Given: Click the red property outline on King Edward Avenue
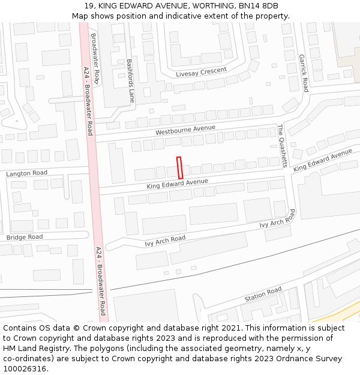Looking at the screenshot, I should tap(179, 167).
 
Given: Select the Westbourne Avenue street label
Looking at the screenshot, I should tap(185, 130).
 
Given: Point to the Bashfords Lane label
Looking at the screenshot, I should tap(130, 80).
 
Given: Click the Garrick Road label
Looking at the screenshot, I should tap(304, 73).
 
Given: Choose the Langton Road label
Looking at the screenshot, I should tap(26, 173).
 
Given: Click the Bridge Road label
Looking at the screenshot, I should tap(25, 238).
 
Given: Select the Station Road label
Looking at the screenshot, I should tap(263, 295).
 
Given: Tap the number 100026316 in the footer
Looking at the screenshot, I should tap(25, 369).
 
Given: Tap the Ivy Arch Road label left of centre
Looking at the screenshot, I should tap(165, 241).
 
